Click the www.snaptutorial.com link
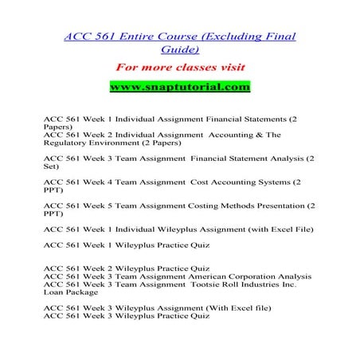[x=179, y=86]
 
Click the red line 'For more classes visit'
[x=179, y=66]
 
